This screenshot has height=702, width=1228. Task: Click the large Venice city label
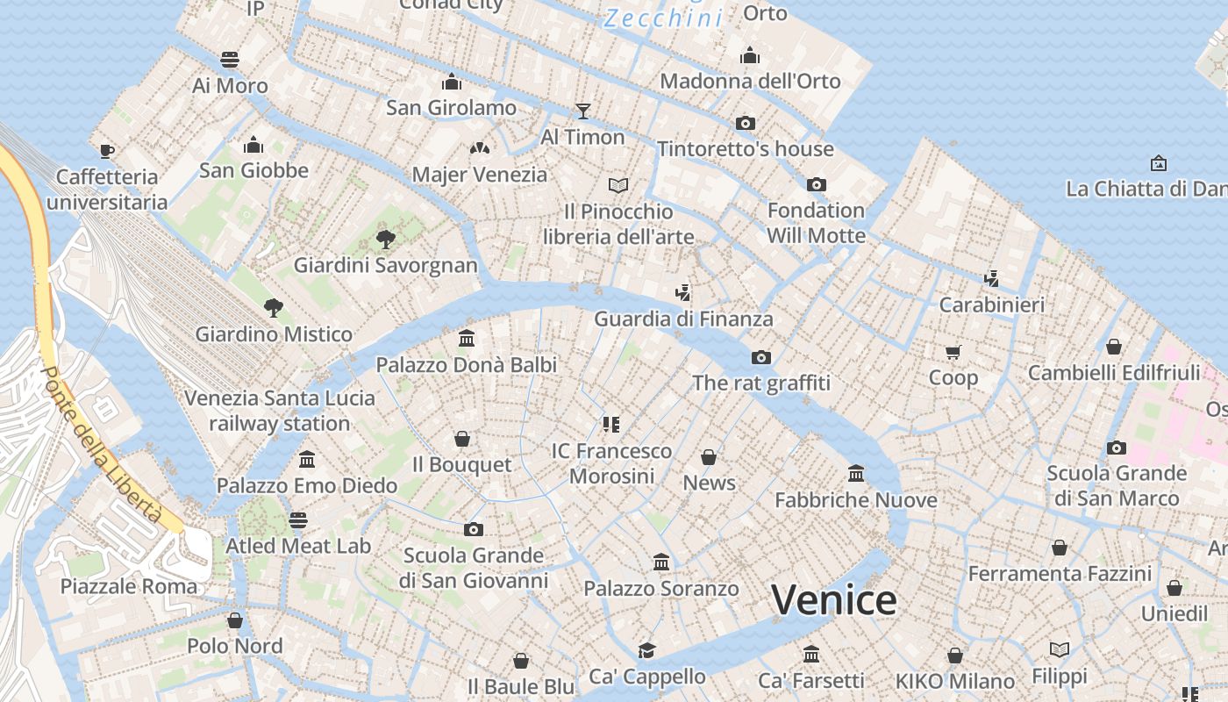833,601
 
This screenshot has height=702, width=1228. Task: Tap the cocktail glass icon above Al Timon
582,111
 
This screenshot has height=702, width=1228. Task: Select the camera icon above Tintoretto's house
745,123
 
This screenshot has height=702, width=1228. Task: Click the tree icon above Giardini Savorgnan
385,239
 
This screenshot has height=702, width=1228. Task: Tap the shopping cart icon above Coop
953,352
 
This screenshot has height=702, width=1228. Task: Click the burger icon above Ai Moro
230,60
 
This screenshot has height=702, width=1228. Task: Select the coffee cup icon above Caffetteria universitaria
107,151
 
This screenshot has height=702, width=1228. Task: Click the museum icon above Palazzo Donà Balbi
467,338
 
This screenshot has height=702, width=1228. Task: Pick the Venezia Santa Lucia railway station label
280,411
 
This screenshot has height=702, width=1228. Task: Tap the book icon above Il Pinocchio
618,185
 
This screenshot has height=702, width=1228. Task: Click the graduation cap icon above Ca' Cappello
646,650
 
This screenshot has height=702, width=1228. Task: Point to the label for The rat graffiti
761,383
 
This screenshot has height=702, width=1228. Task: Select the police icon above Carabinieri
991,279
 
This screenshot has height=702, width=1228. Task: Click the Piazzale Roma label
129,586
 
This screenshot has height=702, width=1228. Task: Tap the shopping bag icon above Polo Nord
234,620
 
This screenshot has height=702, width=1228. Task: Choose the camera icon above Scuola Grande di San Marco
1116,448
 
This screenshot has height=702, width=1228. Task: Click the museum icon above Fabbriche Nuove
856,474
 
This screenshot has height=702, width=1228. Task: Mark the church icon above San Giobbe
253,145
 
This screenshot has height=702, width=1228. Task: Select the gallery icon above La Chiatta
1158,163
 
